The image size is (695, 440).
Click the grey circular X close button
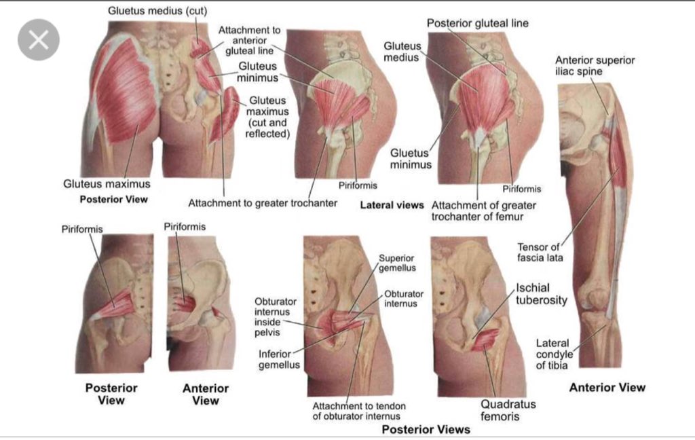(39, 39)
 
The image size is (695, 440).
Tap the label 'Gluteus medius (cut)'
(157, 11)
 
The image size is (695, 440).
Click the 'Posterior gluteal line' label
(477, 23)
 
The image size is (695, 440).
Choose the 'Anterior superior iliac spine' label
(595, 66)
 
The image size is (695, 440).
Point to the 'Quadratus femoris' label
(508, 410)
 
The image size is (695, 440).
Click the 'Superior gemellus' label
(397, 263)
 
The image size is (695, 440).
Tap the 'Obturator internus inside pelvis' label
(272, 316)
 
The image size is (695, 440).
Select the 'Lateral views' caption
(392, 204)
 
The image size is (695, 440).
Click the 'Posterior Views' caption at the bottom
(426, 429)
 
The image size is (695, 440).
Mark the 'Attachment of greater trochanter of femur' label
(483, 210)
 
